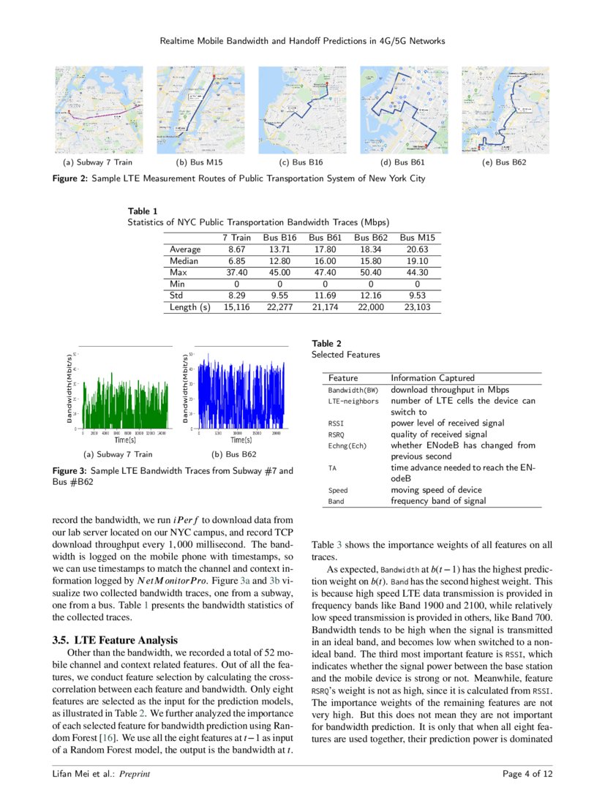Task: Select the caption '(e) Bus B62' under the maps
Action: [x=505, y=162]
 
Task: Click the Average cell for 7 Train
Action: [x=236, y=249]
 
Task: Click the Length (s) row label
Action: [x=189, y=307]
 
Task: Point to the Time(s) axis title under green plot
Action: [x=125, y=440]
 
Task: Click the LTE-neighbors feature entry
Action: [x=353, y=401]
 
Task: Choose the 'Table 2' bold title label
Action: [x=326, y=343]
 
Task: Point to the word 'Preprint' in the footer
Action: [x=135, y=774]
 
